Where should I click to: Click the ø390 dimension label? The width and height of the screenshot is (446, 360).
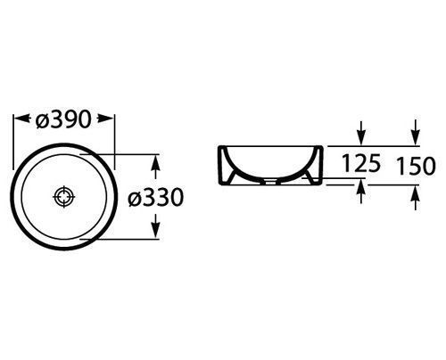click(62, 119)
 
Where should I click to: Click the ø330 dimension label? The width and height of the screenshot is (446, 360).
click(155, 197)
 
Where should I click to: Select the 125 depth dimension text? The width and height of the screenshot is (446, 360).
click(361, 163)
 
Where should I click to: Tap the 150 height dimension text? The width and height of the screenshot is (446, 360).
click(416, 166)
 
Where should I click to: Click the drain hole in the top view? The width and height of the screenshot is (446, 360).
click(64, 197)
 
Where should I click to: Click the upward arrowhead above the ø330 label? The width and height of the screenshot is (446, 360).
click(155, 163)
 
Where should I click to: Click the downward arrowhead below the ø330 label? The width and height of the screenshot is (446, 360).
click(155, 230)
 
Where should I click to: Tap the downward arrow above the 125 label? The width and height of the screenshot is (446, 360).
click(361, 134)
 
